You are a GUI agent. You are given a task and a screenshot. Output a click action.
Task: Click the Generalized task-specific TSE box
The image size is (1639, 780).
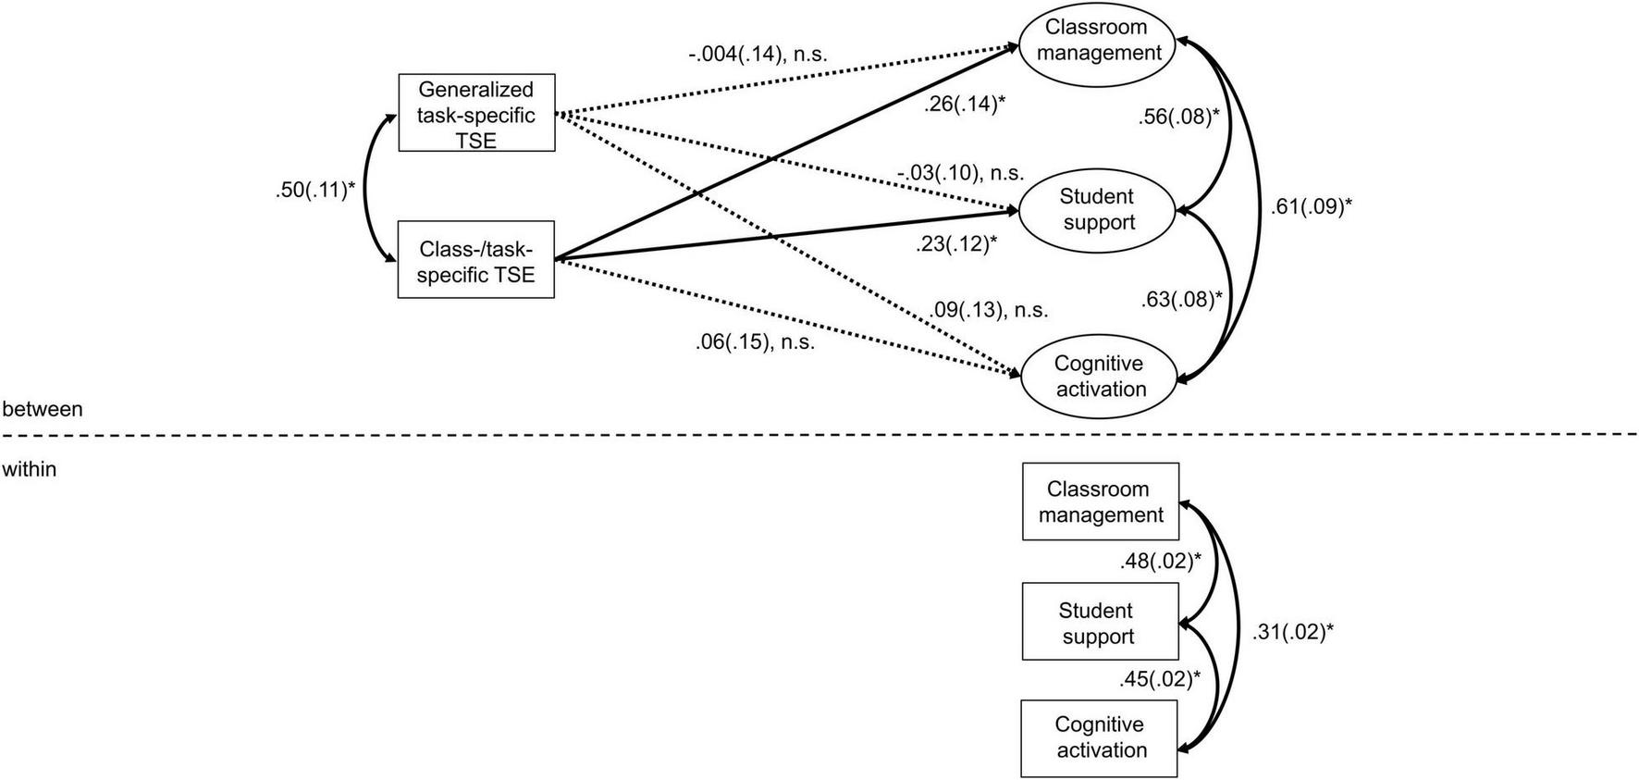(476, 114)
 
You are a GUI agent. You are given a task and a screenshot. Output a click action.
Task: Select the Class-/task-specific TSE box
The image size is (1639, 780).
(476, 260)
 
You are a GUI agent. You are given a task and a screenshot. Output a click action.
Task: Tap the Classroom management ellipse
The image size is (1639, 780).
(1097, 41)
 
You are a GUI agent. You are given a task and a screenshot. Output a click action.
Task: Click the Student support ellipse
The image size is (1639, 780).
(1097, 210)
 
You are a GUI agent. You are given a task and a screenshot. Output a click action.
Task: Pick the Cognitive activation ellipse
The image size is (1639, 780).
(1099, 377)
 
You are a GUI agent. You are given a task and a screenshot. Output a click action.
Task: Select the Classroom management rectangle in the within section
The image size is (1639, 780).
(1101, 501)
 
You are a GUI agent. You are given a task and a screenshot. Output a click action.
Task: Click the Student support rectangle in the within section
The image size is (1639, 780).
(1100, 622)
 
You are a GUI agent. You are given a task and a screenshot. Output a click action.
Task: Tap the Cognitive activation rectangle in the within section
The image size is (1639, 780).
(1100, 737)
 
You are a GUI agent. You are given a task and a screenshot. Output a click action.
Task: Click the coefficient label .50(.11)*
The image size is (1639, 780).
(315, 191)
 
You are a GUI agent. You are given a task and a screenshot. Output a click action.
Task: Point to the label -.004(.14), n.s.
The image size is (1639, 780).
(758, 55)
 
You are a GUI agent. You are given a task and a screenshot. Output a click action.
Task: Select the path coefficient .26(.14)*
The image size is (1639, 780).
(964, 105)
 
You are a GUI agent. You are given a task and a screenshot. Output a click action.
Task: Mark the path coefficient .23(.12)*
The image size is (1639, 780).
(956, 244)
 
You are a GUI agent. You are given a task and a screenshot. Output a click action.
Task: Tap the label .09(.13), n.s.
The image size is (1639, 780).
(990, 310)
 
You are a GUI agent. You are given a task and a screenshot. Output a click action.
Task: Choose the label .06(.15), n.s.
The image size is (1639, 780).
(755, 342)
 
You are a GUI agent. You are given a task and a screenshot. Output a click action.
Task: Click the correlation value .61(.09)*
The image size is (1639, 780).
(1311, 207)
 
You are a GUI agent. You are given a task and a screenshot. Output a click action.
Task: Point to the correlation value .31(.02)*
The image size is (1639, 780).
(1292, 633)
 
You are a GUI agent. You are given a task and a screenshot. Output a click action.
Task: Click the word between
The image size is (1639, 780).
(43, 409)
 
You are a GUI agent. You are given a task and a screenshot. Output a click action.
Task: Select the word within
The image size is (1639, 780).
(30, 470)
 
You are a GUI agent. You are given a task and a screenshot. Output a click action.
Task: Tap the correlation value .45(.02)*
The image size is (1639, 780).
(1160, 679)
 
